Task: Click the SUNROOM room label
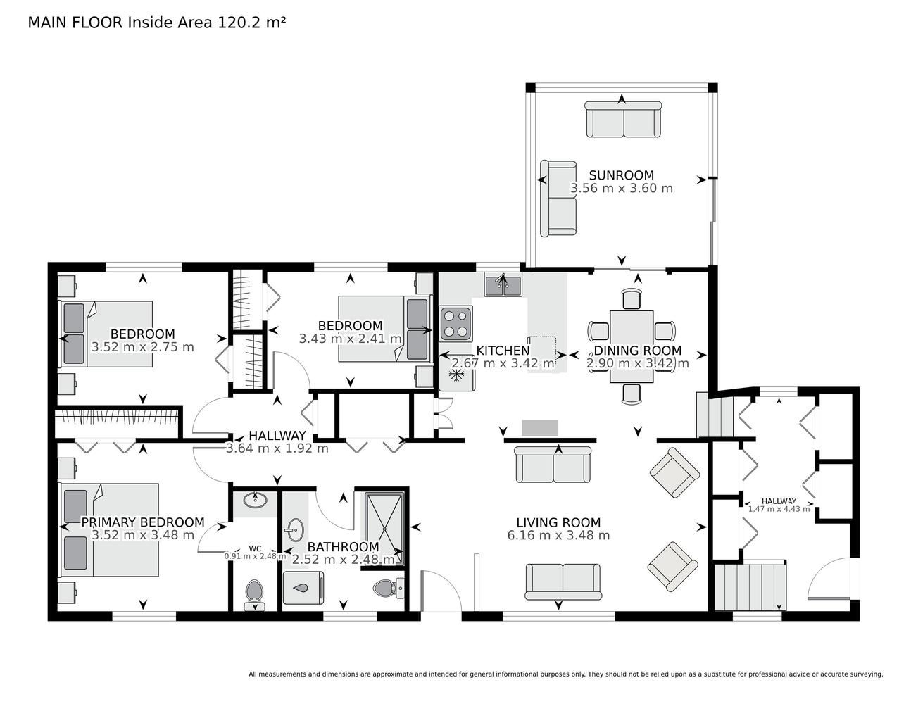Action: click(621, 175)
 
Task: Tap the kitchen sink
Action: click(503, 286)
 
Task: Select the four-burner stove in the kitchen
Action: click(456, 324)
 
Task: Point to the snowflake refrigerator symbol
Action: click(455, 375)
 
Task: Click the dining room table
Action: click(632, 346)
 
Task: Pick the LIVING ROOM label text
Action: click(558, 522)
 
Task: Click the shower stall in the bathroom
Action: click(384, 529)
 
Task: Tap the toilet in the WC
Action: click(254, 593)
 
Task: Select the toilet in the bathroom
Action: click(388, 588)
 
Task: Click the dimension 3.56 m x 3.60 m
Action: click(621, 188)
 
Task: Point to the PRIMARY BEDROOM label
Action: click(142, 522)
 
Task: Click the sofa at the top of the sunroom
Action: click(623, 119)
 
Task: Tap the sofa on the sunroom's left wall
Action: click(558, 199)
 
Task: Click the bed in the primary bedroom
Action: click(110, 529)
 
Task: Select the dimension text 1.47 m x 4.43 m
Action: click(779, 509)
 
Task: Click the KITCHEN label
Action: click(503, 351)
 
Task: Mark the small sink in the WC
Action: click(255, 501)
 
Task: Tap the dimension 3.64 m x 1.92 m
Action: click(277, 448)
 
